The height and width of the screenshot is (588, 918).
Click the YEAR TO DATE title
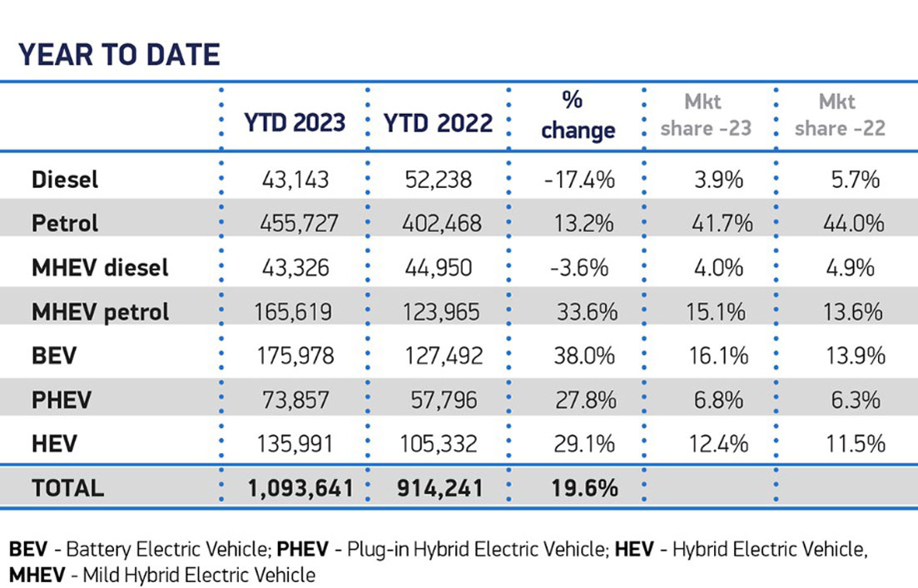[x=119, y=54]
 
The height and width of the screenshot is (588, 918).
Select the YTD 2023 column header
[x=295, y=123]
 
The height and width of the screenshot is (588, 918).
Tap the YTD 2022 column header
[x=438, y=123]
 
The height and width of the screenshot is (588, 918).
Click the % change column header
[x=578, y=116]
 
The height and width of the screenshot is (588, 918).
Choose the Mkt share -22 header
[x=840, y=115]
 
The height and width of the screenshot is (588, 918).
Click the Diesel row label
[x=65, y=179]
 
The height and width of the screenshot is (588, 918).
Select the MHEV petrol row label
[x=100, y=312]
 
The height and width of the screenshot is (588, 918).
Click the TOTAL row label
[x=67, y=488]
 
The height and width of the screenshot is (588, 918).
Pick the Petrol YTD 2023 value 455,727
[x=297, y=223]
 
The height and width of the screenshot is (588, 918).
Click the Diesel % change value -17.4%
[x=579, y=179]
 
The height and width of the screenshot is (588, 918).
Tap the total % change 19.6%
[x=583, y=488]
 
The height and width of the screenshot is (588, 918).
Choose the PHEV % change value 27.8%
[x=583, y=400]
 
